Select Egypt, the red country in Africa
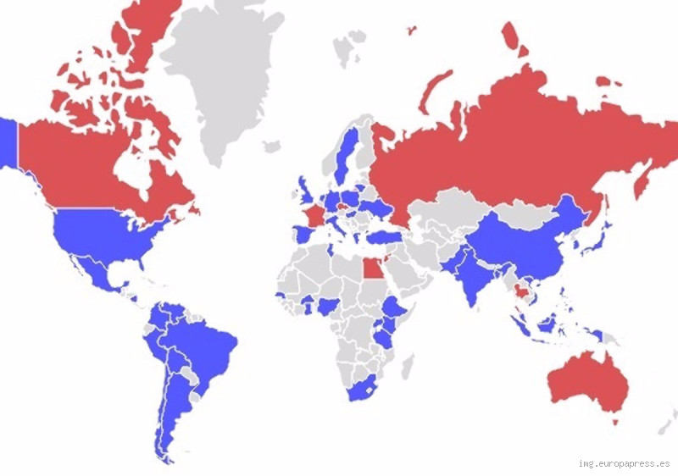tap(371, 269)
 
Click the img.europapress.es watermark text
tap(624, 463)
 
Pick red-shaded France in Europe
tap(314, 212)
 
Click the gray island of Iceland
tap(272, 147)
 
